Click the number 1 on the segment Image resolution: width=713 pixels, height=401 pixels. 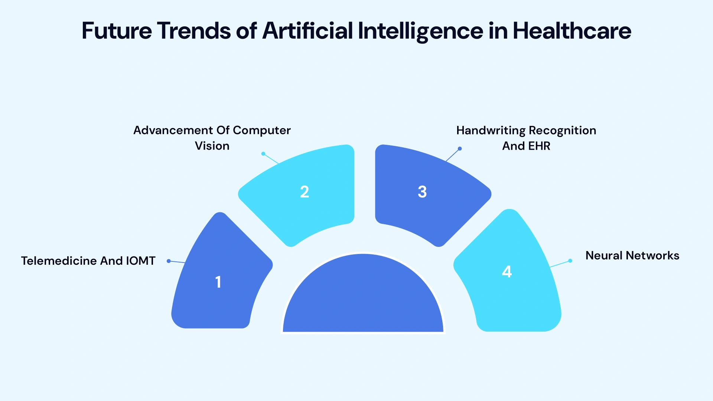(x=218, y=282)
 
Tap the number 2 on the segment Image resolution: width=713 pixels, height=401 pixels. (x=305, y=192)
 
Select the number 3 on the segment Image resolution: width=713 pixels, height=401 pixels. (x=422, y=192)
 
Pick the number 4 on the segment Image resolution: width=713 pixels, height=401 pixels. (x=507, y=272)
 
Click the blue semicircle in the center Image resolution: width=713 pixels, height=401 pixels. (x=363, y=297)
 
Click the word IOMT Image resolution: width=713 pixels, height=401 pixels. (x=141, y=261)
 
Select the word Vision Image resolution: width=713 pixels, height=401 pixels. (x=212, y=146)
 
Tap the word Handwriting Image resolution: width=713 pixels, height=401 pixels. (x=491, y=131)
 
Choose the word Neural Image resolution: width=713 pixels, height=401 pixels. (x=604, y=256)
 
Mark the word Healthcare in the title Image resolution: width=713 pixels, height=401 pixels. (x=572, y=31)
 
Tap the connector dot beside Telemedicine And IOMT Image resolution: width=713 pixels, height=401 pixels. (x=169, y=261)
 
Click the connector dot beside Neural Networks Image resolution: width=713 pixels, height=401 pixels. (x=570, y=261)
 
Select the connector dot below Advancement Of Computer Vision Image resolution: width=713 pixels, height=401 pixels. (x=263, y=154)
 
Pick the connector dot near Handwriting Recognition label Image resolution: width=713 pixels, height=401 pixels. (x=460, y=149)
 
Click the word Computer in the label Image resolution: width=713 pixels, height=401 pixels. (x=262, y=131)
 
